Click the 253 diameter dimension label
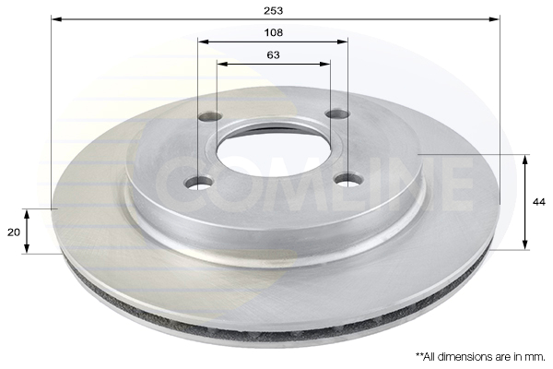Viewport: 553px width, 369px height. pyautogui.click(x=274, y=11)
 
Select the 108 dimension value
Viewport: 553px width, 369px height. pyautogui.click(x=274, y=33)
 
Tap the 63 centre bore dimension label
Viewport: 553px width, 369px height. pyautogui.click(x=274, y=55)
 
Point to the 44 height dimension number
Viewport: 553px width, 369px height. pyautogui.click(x=539, y=202)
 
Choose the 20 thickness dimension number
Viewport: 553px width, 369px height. pyautogui.click(x=14, y=232)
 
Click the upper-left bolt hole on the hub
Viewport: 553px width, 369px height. pyautogui.click(x=210, y=116)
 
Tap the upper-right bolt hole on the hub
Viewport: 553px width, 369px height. pyautogui.click(x=337, y=113)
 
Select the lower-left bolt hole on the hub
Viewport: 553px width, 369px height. pyautogui.click(x=199, y=183)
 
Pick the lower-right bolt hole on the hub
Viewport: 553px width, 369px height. pyautogui.click(x=348, y=179)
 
